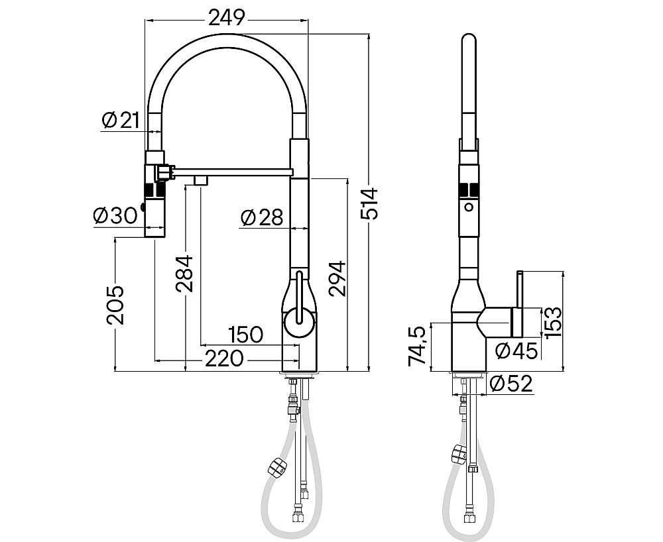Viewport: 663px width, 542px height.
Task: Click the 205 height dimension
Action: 116,304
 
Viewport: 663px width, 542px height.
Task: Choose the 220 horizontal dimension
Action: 225,359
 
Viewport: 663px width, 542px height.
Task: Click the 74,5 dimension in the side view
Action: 418,346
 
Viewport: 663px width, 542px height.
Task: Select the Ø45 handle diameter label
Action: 515,350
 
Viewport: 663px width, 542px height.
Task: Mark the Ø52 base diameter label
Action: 512,384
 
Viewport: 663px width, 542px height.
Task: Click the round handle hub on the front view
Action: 298,325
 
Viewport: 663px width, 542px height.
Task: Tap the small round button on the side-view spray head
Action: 469,207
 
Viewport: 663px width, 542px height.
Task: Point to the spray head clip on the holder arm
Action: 164,173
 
